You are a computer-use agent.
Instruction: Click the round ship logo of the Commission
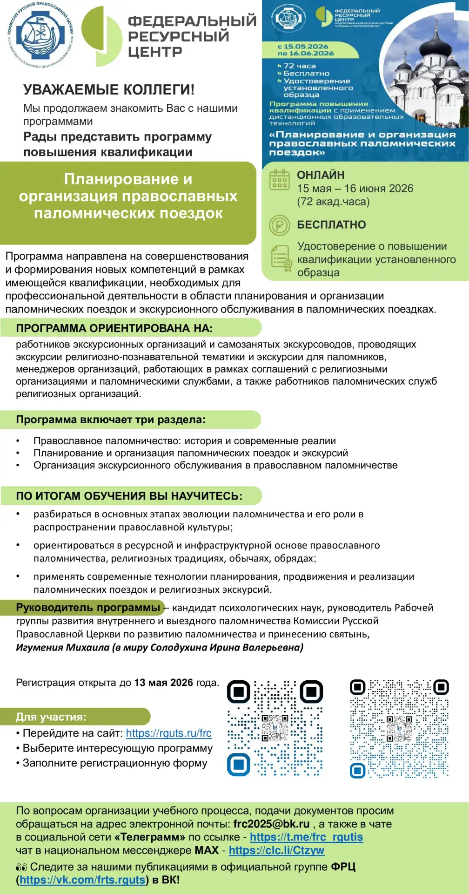pyautogui.click(x=41, y=35)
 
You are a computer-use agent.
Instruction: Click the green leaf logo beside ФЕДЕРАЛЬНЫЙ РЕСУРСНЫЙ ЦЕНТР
pyautogui.click(x=101, y=36)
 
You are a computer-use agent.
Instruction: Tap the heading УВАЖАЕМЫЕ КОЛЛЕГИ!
pyautogui.click(x=109, y=90)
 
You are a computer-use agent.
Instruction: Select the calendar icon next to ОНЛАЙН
pyautogui.click(x=280, y=180)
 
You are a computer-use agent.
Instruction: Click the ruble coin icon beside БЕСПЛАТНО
pyautogui.click(x=280, y=225)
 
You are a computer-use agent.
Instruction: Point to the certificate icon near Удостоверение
pyautogui.click(x=281, y=258)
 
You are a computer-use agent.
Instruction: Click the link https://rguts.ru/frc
pyautogui.click(x=168, y=733)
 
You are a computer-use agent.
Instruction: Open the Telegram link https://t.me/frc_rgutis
pyautogui.click(x=306, y=837)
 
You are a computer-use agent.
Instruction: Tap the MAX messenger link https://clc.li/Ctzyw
pyautogui.click(x=276, y=850)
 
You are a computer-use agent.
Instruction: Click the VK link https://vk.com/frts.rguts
pyautogui.click(x=82, y=880)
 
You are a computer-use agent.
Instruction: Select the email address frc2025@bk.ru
pyautogui.click(x=271, y=824)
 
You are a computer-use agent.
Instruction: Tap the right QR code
pyautogui.click(x=399, y=728)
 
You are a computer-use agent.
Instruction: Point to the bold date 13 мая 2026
pyautogui.click(x=163, y=683)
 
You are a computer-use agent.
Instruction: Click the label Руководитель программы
pyautogui.click(x=88, y=608)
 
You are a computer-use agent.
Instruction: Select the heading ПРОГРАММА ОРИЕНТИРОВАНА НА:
pyautogui.click(x=114, y=328)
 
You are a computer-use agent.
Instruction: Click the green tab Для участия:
pyautogui.click(x=51, y=717)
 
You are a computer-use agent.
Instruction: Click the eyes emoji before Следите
pyautogui.click(x=21, y=867)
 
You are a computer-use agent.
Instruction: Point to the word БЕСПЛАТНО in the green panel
pyautogui.click(x=331, y=225)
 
